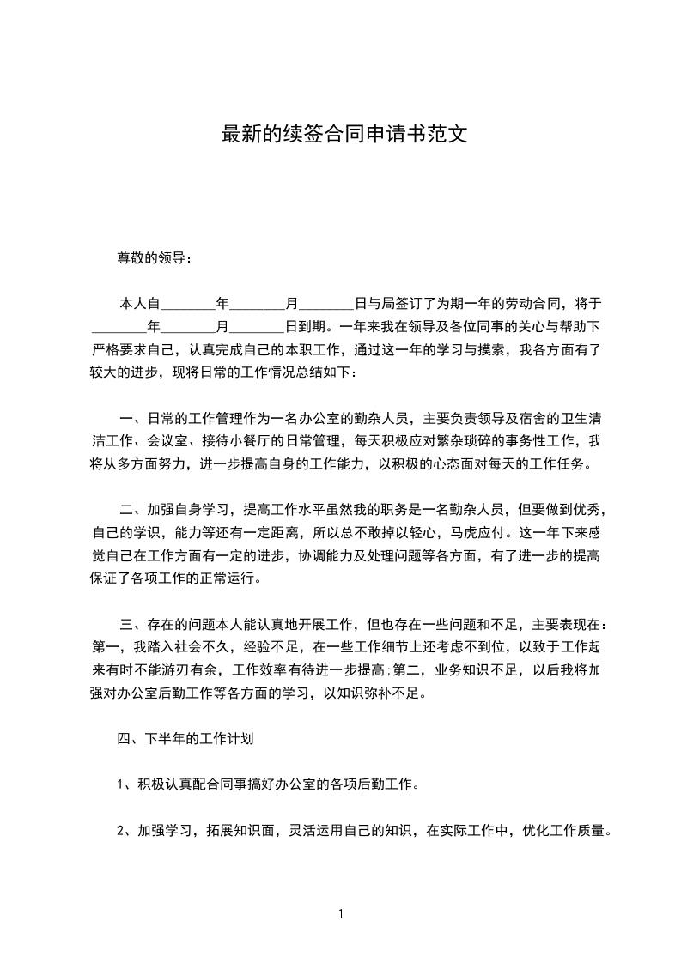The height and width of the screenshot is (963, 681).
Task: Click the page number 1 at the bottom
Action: (x=341, y=914)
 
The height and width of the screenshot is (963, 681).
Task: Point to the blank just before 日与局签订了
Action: (x=326, y=304)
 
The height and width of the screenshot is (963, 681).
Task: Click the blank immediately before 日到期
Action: (x=258, y=327)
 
